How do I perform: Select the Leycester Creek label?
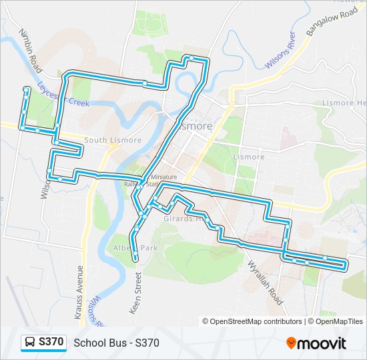pos(63,95)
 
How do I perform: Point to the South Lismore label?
pos(113,140)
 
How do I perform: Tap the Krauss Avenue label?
pos(79,291)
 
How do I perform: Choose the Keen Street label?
pos(139,293)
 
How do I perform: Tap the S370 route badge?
pos(45,342)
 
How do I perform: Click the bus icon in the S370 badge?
pos(31,342)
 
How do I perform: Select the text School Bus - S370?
pos(117,343)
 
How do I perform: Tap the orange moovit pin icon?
pos(292,343)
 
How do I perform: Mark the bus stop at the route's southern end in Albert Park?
pos(135,257)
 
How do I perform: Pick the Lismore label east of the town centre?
pos(249,157)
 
